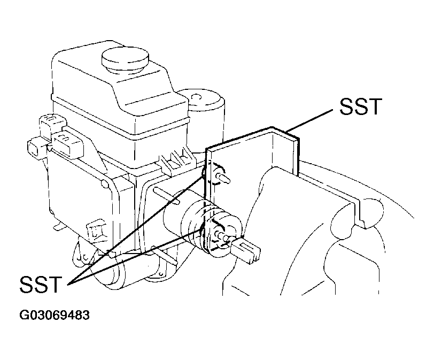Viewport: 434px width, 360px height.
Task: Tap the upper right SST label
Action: coord(361,106)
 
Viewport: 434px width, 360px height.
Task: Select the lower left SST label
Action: coord(40,284)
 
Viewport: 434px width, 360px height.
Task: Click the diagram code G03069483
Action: coord(55,315)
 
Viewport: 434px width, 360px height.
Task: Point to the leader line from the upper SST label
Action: coord(309,120)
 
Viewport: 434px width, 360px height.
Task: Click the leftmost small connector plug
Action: coord(35,150)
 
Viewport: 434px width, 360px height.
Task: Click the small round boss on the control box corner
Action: coord(105,184)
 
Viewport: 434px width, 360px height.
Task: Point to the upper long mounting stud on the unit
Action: coord(166,196)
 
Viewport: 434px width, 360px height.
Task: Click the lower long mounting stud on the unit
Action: coord(164,254)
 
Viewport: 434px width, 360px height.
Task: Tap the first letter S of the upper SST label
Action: coord(347,106)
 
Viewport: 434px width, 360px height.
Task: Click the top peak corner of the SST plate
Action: coord(272,127)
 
